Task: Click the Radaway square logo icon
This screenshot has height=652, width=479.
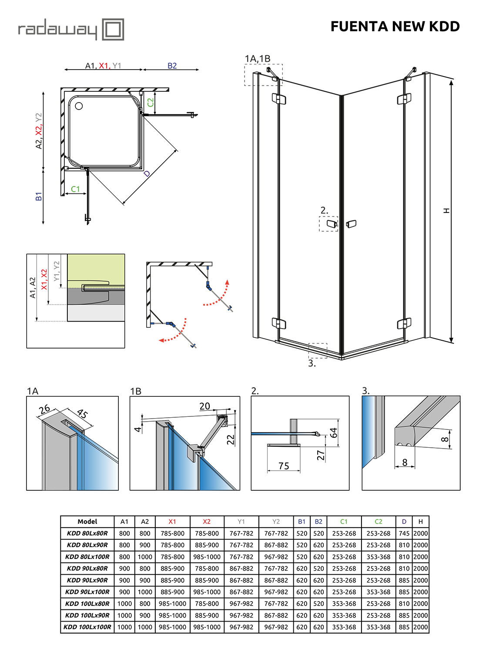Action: (x=113, y=30)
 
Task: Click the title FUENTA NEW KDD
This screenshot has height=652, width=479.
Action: (x=395, y=27)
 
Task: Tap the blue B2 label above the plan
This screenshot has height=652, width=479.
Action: (x=172, y=66)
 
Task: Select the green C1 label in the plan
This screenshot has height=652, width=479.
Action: (x=75, y=189)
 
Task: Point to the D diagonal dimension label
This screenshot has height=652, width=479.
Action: (x=147, y=174)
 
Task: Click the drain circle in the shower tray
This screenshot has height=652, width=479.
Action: (x=79, y=106)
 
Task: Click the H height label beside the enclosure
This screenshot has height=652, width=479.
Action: (x=446, y=211)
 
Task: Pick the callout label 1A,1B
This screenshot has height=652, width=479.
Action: (x=257, y=59)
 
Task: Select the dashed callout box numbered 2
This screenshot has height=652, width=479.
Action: (x=328, y=224)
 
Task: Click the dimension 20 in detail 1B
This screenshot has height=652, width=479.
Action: (x=204, y=406)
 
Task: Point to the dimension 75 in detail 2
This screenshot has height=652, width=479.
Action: (x=284, y=466)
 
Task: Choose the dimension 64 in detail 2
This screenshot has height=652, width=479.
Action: (x=334, y=432)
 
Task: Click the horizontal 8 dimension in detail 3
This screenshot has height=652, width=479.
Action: (x=405, y=462)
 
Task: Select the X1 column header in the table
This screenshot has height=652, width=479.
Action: (x=172, y=522)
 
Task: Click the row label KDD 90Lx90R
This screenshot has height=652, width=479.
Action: (x=87, y=580)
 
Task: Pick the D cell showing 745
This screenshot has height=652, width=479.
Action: (x=404, y=533)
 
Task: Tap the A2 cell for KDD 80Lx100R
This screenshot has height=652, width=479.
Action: (x=145, y=557)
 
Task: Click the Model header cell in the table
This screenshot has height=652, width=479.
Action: (x=87, y=522)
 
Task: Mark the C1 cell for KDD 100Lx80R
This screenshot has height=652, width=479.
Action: (x=344, y=604)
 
